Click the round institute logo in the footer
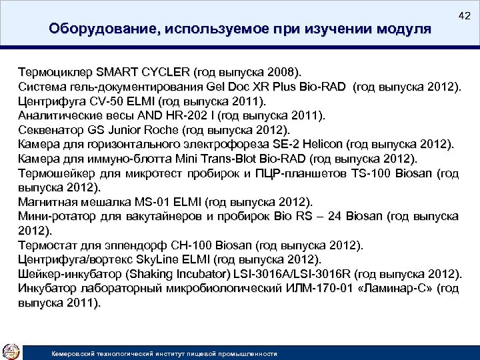coord(11,351)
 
